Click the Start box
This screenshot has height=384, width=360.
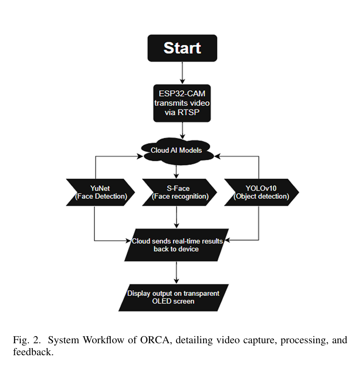pos(182,48)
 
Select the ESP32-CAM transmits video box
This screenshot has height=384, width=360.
pos(182,103)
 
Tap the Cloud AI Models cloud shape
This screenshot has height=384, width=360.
pos(176,150)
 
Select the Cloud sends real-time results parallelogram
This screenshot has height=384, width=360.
pos(176,245)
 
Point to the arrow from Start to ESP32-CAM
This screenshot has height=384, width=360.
pos(182,73)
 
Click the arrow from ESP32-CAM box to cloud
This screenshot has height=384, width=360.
pos(182,131)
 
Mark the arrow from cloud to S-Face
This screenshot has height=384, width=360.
pos(177,170)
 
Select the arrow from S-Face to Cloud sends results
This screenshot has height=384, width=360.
pos(177,217)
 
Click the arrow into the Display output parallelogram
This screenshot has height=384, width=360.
pos(177,272)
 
